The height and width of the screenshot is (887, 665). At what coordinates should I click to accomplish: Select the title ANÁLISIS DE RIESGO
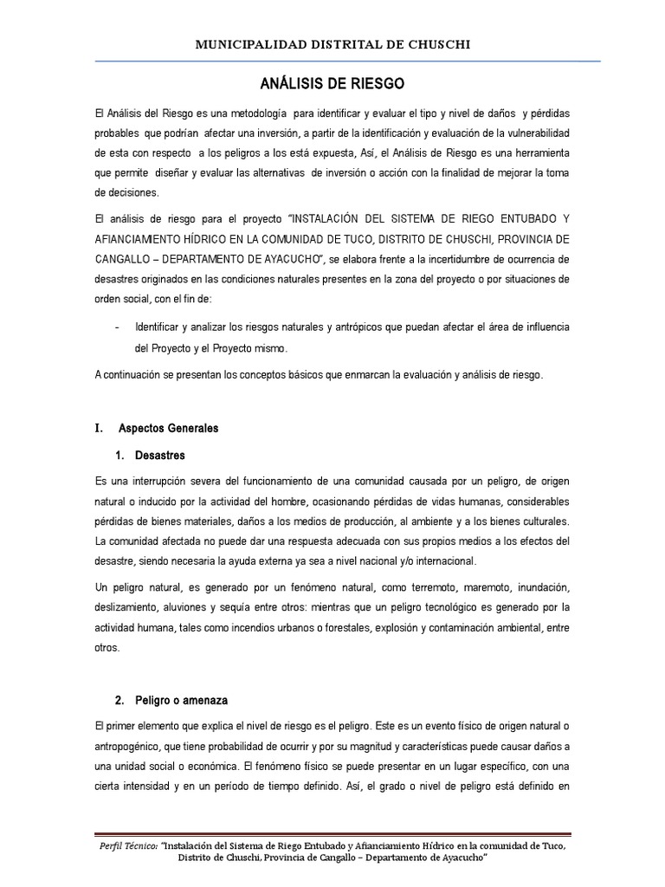332,84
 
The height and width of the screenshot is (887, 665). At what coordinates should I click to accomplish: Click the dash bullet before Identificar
117,327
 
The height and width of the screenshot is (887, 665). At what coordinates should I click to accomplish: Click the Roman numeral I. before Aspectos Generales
98,428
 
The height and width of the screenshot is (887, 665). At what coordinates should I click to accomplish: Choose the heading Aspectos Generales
168,428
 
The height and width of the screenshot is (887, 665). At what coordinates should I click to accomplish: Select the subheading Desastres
160,456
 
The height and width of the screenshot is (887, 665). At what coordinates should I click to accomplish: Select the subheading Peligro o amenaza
181,700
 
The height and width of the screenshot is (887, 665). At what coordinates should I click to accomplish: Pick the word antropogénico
132,746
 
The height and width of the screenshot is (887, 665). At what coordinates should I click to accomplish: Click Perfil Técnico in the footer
125,845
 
